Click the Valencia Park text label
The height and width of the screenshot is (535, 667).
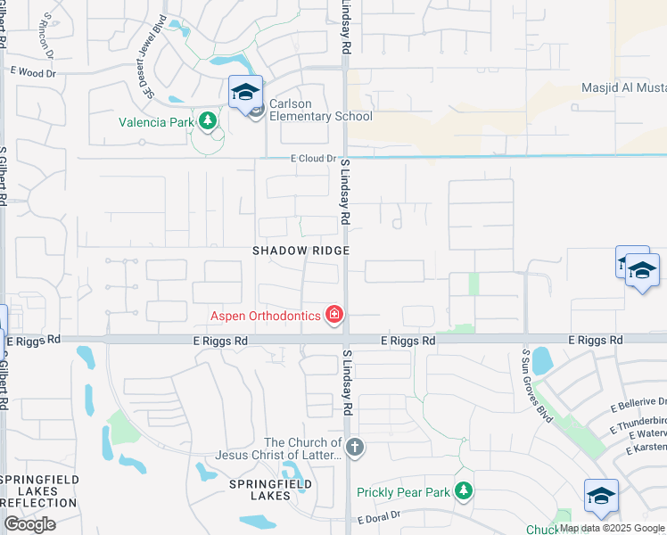point(156,122)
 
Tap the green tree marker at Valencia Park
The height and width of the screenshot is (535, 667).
point(208,120)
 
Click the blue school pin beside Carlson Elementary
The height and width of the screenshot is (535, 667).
point(245,92)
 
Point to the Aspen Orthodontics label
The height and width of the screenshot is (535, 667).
point(266,315)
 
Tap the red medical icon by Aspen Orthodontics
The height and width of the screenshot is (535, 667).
point(334,314)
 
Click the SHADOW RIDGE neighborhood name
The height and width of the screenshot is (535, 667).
point(300,251)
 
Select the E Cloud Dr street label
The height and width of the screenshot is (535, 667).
point(315,159)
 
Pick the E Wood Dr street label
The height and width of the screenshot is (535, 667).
point(33,70)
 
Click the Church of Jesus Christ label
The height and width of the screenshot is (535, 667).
point(303,449)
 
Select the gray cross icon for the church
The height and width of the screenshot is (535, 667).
point(355,447)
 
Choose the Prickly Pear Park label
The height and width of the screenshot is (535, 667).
point(404,492)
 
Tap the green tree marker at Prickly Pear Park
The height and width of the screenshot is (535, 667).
point(463,490)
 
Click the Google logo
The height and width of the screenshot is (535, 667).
point(29,524)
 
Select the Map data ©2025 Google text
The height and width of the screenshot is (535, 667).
point(612,528)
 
